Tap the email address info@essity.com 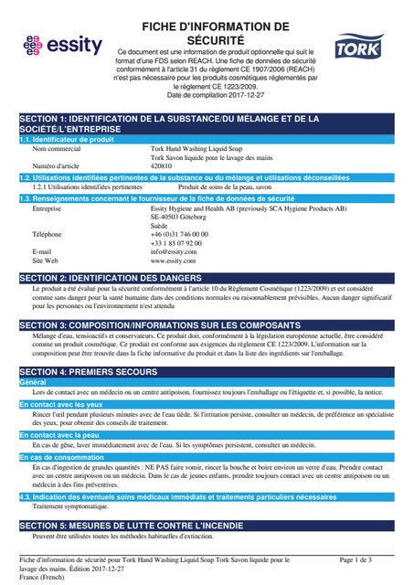173,251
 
